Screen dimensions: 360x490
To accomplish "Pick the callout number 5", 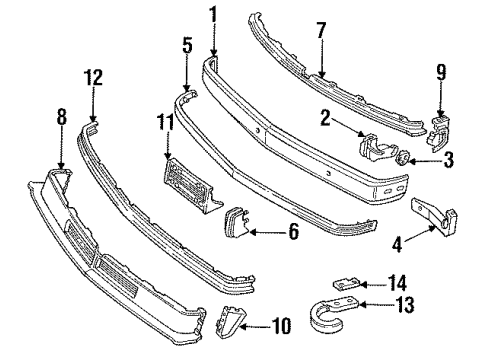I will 187,45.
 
